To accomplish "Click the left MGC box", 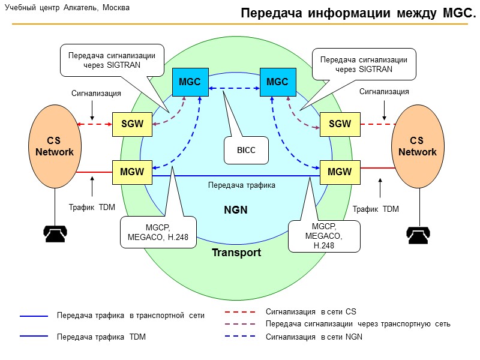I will (190, 82).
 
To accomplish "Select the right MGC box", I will (277, 82).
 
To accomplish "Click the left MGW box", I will (132, 172).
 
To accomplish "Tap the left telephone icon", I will (55, 232).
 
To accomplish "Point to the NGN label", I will (236, 210).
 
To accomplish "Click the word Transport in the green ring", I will (236, 253).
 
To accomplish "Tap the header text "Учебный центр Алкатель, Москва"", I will (67, 8).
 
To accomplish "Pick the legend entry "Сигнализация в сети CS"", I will (311, 312).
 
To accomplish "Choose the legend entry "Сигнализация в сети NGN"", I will (314, 337).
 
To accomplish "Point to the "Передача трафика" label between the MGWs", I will (241, 185).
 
